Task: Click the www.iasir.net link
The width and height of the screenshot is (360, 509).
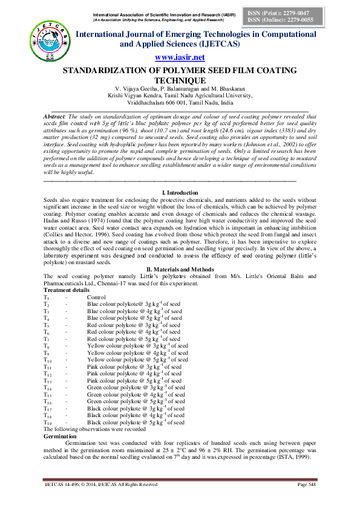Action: pos(180,57)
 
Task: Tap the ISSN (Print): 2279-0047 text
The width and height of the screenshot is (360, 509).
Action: pos(273,12)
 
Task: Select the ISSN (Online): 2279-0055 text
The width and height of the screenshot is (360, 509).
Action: pos(273,20)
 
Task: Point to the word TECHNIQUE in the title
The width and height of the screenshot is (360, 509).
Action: pos(180,80)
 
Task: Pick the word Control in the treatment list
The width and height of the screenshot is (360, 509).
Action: pos(96,297)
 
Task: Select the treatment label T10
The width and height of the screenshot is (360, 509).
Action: pos(48,360)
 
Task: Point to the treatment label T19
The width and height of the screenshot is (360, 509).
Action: pos(48,423)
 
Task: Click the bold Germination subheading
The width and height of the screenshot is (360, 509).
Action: pos(61,435)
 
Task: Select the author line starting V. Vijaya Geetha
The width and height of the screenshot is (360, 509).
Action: pos(180,89)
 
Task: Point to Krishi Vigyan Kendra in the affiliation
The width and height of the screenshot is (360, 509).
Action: pos(140,96)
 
